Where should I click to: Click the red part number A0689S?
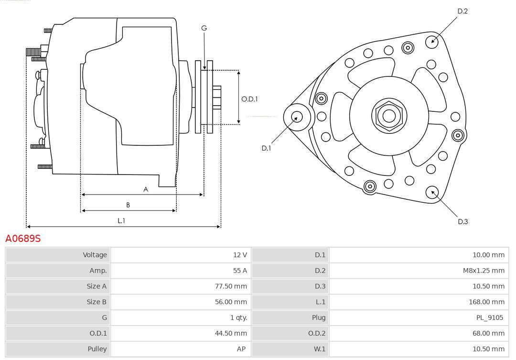23,238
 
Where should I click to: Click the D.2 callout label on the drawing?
462,11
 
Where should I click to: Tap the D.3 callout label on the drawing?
462,222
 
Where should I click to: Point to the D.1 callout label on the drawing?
266,148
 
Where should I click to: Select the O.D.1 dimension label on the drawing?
249,99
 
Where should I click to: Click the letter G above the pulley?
204,28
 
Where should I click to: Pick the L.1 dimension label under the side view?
121,221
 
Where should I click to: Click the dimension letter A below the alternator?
145,189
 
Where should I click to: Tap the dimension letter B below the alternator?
128,205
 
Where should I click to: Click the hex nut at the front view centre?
389,116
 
